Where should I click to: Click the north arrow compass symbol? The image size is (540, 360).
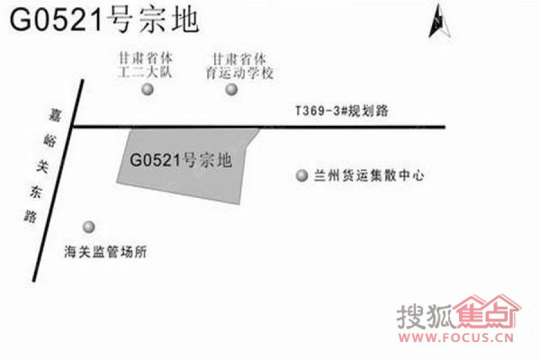440,22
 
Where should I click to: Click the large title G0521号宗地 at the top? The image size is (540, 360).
104,20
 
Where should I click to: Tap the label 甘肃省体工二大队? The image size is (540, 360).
145,65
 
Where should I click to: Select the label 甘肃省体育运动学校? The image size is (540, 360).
239,66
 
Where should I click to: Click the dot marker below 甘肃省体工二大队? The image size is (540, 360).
148,89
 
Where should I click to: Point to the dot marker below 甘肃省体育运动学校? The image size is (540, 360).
232,89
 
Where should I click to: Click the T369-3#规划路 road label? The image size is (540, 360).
342,111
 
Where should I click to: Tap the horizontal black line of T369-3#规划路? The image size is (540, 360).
259,127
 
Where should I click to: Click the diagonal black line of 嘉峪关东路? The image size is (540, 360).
58,181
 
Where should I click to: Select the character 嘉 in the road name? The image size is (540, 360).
55,115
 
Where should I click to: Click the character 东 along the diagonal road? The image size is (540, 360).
35,192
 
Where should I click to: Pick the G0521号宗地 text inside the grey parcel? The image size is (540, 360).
181,160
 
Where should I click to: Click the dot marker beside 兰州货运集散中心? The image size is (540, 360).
302,175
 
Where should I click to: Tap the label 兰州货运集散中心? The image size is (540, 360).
369,176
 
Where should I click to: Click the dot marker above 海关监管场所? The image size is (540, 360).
89,227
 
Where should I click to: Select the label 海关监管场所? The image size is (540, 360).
106,252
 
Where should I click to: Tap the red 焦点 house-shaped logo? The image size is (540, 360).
488,312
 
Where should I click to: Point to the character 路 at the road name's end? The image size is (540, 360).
31,217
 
